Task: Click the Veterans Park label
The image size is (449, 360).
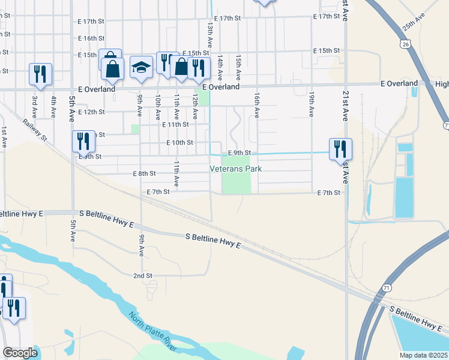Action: pos(236,169)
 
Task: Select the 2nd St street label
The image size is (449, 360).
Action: pos(142,275)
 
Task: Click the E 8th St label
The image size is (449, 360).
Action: pos(144,173)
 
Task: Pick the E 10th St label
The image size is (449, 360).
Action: pos(179,143)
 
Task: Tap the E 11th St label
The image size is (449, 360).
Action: pos(175,125)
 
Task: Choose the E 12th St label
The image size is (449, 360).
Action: pos(91,112)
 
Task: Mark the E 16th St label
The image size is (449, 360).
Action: pos(91,38)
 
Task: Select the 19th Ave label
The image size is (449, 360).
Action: pos(312,104)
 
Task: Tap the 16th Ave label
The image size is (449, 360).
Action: pos(256,104)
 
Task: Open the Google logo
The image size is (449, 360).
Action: pos(20,353)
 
